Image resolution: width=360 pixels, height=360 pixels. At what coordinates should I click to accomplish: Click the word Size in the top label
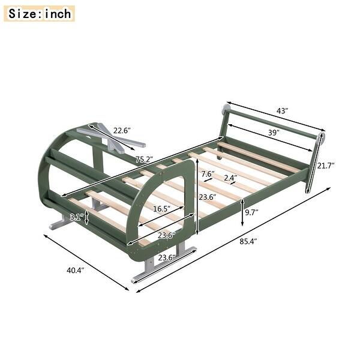pos(23,13)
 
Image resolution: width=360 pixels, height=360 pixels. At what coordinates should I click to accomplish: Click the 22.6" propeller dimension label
pos(122,129)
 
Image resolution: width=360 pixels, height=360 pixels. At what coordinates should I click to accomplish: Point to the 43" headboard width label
pos(283,111)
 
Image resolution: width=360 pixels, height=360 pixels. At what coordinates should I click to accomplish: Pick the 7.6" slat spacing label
pos(208,174)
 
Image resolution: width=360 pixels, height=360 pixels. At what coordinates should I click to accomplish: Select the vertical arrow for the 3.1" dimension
pos(88,217)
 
